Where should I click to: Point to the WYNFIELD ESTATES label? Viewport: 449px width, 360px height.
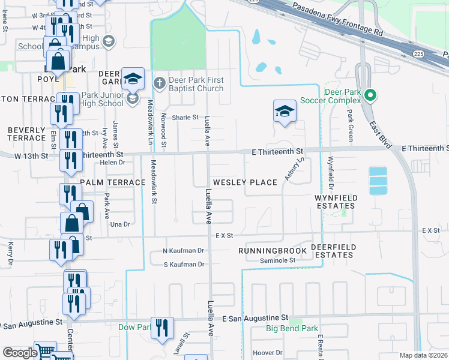pos(336,202)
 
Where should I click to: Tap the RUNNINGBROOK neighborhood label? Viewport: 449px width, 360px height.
pos(273,250)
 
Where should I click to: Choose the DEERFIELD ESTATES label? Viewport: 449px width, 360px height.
pos(334,251)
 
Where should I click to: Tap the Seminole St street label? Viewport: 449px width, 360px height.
pos(278,260)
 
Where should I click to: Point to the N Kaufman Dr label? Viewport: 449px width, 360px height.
pos(184,250)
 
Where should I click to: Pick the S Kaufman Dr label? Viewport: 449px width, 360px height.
pos(184,264)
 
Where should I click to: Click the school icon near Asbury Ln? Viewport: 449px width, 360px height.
pos(285,111)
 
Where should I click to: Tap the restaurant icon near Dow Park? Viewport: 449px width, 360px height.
pos(162,328)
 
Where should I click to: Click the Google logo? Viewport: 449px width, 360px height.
pos(20,353)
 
